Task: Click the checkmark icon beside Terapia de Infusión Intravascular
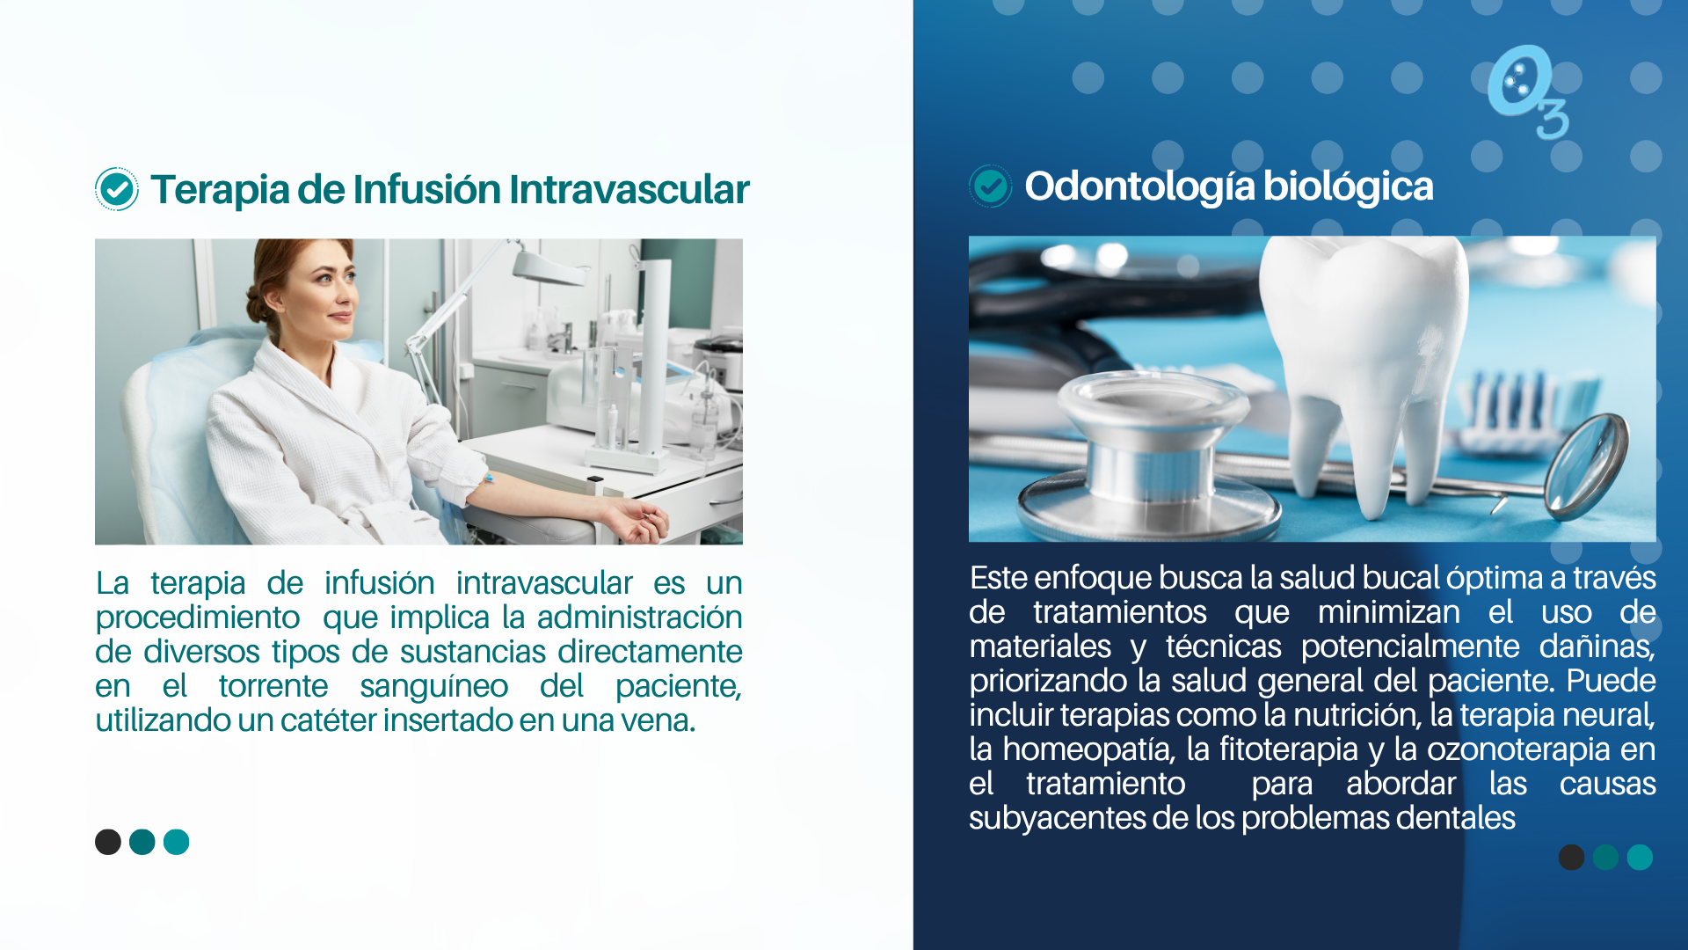tap(116, 189)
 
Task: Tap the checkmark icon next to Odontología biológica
tap(991, 186)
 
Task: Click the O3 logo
tap(1527, 92)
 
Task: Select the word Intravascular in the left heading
tap(629, 189)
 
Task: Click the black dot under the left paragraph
tap(108, 842)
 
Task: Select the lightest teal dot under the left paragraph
tap(177, 842)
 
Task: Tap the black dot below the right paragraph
tap(1571, 857)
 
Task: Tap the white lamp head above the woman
tap(549, 266)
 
